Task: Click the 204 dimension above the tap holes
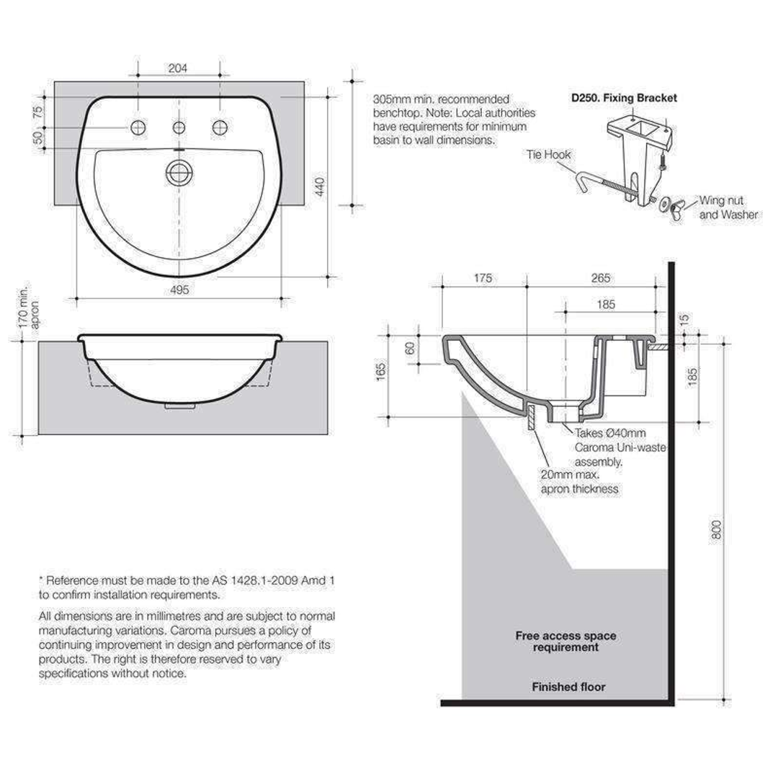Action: (178, 68)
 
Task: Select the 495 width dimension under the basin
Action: (179, 290)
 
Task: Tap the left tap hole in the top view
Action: (137, 128)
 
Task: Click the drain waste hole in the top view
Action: (178, 171)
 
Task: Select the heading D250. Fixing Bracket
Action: (624, 98)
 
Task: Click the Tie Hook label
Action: (549, 154)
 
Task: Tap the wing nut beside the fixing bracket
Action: (676, 210)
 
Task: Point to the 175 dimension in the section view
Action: (483, 278)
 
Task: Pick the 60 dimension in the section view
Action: (410, 348)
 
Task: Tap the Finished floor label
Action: (568, 687)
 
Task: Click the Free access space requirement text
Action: (565, 641)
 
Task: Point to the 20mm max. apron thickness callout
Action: (579, 482)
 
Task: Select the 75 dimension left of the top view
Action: (37, 111)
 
